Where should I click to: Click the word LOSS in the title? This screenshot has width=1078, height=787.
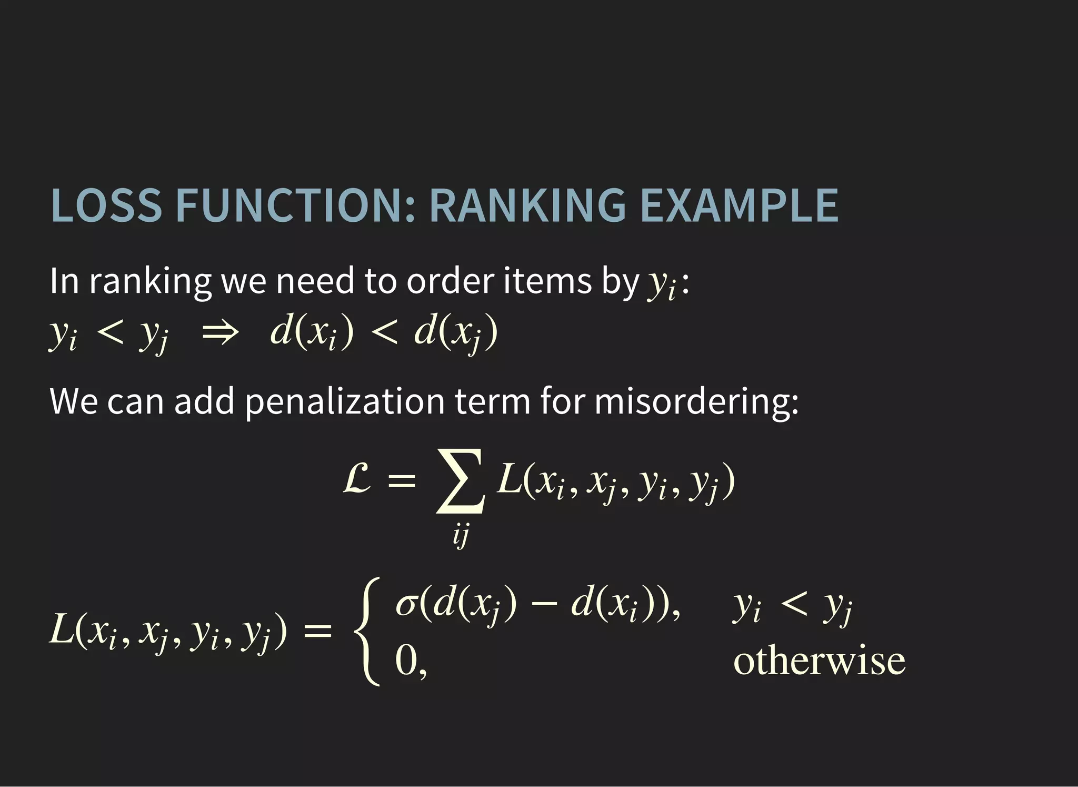pos(106,205)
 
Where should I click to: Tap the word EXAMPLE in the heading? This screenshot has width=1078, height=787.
pos(738,205)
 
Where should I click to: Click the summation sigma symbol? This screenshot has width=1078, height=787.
pos(460,480)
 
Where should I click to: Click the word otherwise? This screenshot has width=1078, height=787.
pos(819,661)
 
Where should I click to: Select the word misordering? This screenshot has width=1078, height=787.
pos(696,401)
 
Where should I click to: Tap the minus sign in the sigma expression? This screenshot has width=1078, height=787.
pos(544,605)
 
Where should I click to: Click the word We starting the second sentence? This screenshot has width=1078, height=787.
pos(74,401)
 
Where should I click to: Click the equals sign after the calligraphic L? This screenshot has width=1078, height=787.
pos(402,480)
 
